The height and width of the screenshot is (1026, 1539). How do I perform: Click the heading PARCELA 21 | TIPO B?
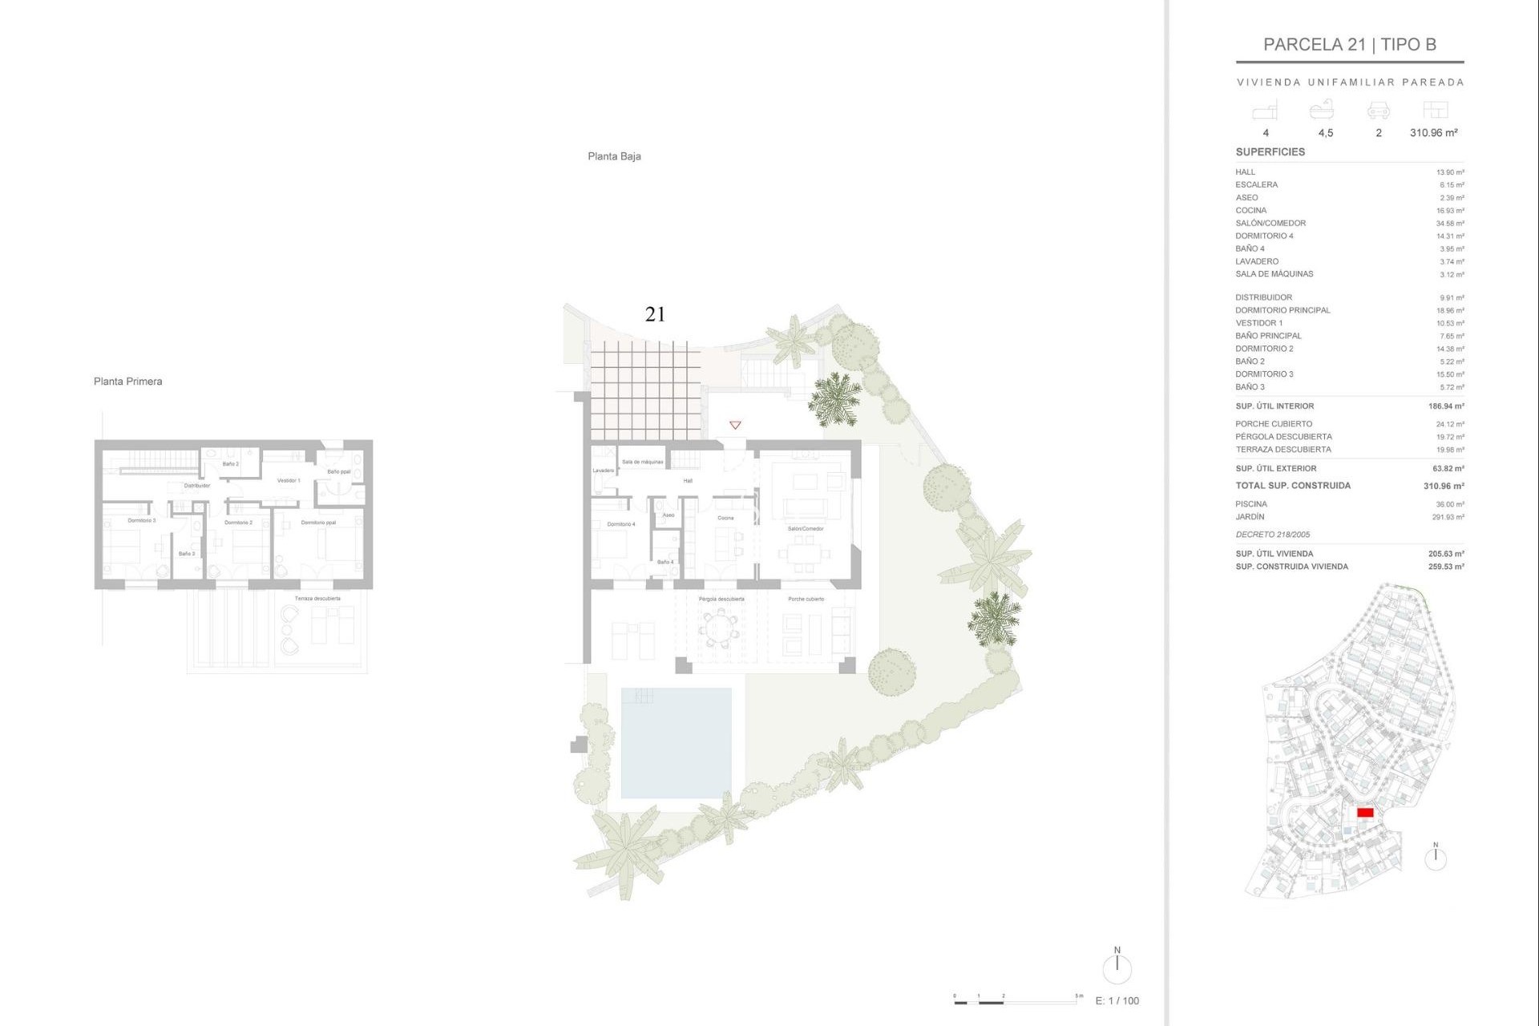click(x=1350, y=45)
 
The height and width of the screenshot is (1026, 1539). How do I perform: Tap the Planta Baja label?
click(x=614, y=156)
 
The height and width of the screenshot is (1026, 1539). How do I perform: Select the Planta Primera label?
click(x=127, y=382)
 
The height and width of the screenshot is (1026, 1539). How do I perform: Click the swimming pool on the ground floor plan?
click(x=676, y=743)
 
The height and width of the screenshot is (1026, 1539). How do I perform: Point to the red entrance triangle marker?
click(x=735, y=425)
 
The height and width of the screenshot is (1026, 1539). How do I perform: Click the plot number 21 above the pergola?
click(x=655, y=314)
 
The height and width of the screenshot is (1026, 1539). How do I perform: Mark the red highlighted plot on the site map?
click(x=1365, y=813)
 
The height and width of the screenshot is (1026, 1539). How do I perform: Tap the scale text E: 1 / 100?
click(x=1117, y=1000)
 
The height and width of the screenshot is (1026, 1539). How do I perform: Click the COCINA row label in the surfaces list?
click(x=1250, y=210)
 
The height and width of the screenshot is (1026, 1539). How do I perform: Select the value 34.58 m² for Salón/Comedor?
click(x=1450, y=224)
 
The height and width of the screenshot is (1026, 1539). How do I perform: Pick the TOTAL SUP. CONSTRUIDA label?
click(x=1293, y=486)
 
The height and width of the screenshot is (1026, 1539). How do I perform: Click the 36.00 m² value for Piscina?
click(x=1450, y=504)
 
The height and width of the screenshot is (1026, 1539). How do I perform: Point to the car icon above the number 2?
click(x=1378, y=110)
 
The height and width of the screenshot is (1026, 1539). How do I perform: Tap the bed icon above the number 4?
click(x=1265, y=110)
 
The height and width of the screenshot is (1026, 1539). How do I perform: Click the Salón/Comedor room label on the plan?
click(x=806, y=529)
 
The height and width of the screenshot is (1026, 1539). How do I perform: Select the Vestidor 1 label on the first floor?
click(x=289, y=481)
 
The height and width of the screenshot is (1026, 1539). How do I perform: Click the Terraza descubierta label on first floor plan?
click(x=317, y=599)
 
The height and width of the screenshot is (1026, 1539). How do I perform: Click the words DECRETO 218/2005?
click(x=1273, y=535)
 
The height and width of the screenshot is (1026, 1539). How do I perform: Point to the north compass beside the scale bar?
click(x=1117, y=967)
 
